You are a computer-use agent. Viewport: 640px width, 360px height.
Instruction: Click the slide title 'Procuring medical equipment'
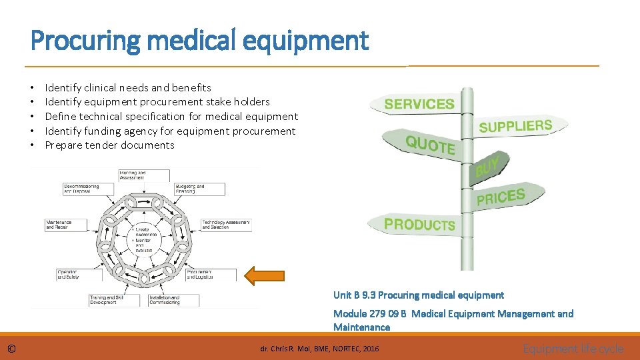pos(199,41)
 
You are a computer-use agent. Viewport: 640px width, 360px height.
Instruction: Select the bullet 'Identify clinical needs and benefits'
pos(127,87)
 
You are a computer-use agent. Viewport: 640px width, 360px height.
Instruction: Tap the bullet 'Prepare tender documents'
pos(109,145)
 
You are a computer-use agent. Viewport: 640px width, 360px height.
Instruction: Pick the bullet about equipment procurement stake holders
pos(157,101)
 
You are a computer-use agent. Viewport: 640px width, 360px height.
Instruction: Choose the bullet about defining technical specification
pos(171,116)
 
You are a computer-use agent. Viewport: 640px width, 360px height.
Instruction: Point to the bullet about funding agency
pos(169,131)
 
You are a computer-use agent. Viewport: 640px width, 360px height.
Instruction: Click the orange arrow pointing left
pos(265,275)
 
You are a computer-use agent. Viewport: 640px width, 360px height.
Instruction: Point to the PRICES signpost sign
pos(501,197)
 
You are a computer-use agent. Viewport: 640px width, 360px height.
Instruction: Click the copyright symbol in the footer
pos(13,349)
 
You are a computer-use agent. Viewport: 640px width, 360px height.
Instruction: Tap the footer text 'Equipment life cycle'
pos(573,348)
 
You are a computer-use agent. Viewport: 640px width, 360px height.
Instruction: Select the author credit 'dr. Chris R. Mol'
pos(319,349)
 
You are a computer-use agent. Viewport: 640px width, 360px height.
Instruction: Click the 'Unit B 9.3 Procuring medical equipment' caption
pos(418,295)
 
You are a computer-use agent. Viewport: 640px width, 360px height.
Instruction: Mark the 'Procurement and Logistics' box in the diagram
pos(211,274)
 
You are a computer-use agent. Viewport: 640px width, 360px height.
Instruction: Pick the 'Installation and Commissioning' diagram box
pos(165,300)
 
